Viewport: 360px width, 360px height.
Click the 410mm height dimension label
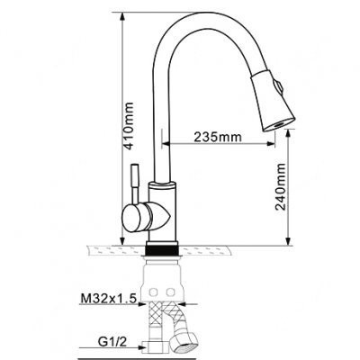coord(129,126)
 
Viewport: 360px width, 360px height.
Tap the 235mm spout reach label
coord(218,137)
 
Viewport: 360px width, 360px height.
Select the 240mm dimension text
coord(281,187)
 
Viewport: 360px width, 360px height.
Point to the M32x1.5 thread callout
coord(109,299)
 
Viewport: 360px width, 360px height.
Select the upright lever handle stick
coord(135,183)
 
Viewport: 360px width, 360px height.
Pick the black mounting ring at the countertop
coord(162,249)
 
